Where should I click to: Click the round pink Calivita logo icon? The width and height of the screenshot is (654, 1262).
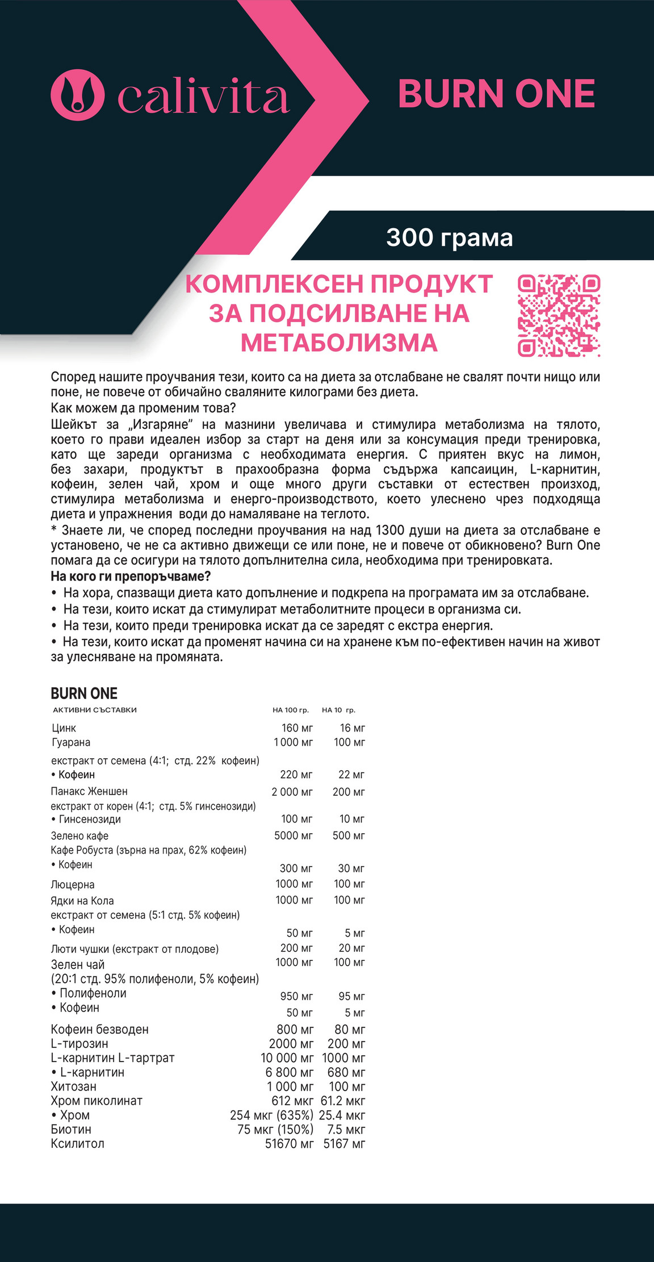point(78,94)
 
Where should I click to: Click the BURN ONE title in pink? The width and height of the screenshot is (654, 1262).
point(496,94)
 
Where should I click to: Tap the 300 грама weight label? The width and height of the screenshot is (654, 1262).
point(449,237)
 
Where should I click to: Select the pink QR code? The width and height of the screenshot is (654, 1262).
point(559,316)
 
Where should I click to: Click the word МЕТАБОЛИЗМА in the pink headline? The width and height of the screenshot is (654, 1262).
point(339,343)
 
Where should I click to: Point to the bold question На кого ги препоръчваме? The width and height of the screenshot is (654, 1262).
point(131,576)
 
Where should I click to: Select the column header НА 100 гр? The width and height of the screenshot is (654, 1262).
point(290,710)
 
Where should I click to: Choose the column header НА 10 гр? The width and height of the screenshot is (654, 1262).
point(338,710)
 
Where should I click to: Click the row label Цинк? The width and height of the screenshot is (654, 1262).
point(64,728)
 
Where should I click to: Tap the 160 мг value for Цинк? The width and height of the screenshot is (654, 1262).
point(297,728)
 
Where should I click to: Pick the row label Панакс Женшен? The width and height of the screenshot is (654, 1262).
point(89,791)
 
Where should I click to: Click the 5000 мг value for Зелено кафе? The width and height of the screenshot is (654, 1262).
point(293,835)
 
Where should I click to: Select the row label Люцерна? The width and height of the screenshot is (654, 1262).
point(73,884)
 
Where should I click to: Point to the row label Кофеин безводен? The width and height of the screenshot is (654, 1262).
point(99,1029)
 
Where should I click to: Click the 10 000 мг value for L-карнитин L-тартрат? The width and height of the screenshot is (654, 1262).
point(287,1058)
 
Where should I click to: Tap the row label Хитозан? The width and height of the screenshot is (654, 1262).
point(73,1087)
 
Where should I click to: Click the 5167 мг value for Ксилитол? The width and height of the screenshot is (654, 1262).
point(344,1143)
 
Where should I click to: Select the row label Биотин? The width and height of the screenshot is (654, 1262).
point(71,1129)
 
